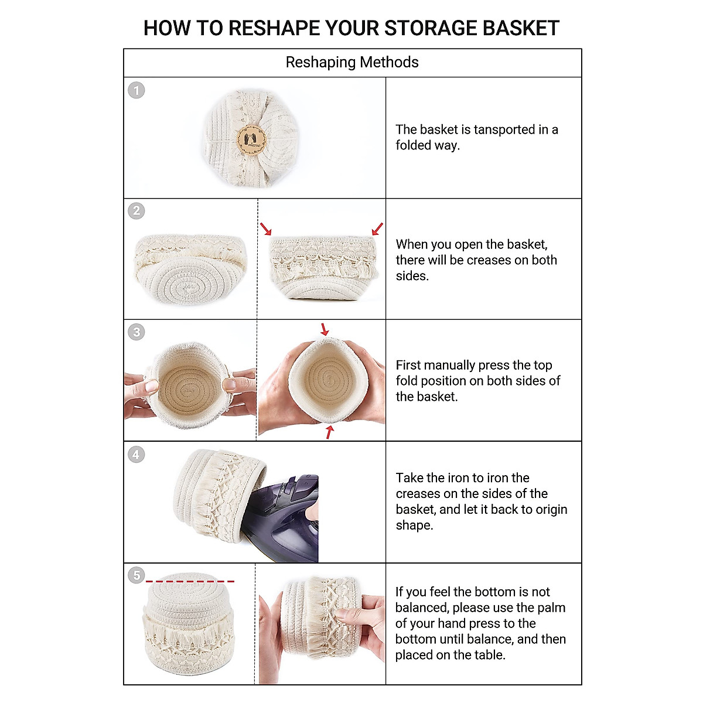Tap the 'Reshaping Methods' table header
click(x=352, y=62)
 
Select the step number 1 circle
click(x=136, y=90)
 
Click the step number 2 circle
click(x=136, y=211)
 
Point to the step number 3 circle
click(x=136, y=332)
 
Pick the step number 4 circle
click(x=136, y=454)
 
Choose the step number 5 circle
click(x=136, y=575)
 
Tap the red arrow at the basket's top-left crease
click(x=266, y=229)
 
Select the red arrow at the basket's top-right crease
click(x=378, y=228)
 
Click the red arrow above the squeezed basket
click(x=324, y=329)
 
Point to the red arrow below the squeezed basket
click(x=330, y=432)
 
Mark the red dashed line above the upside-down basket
click(x=190, y=582)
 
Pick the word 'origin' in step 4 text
click(x=549, y=510)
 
